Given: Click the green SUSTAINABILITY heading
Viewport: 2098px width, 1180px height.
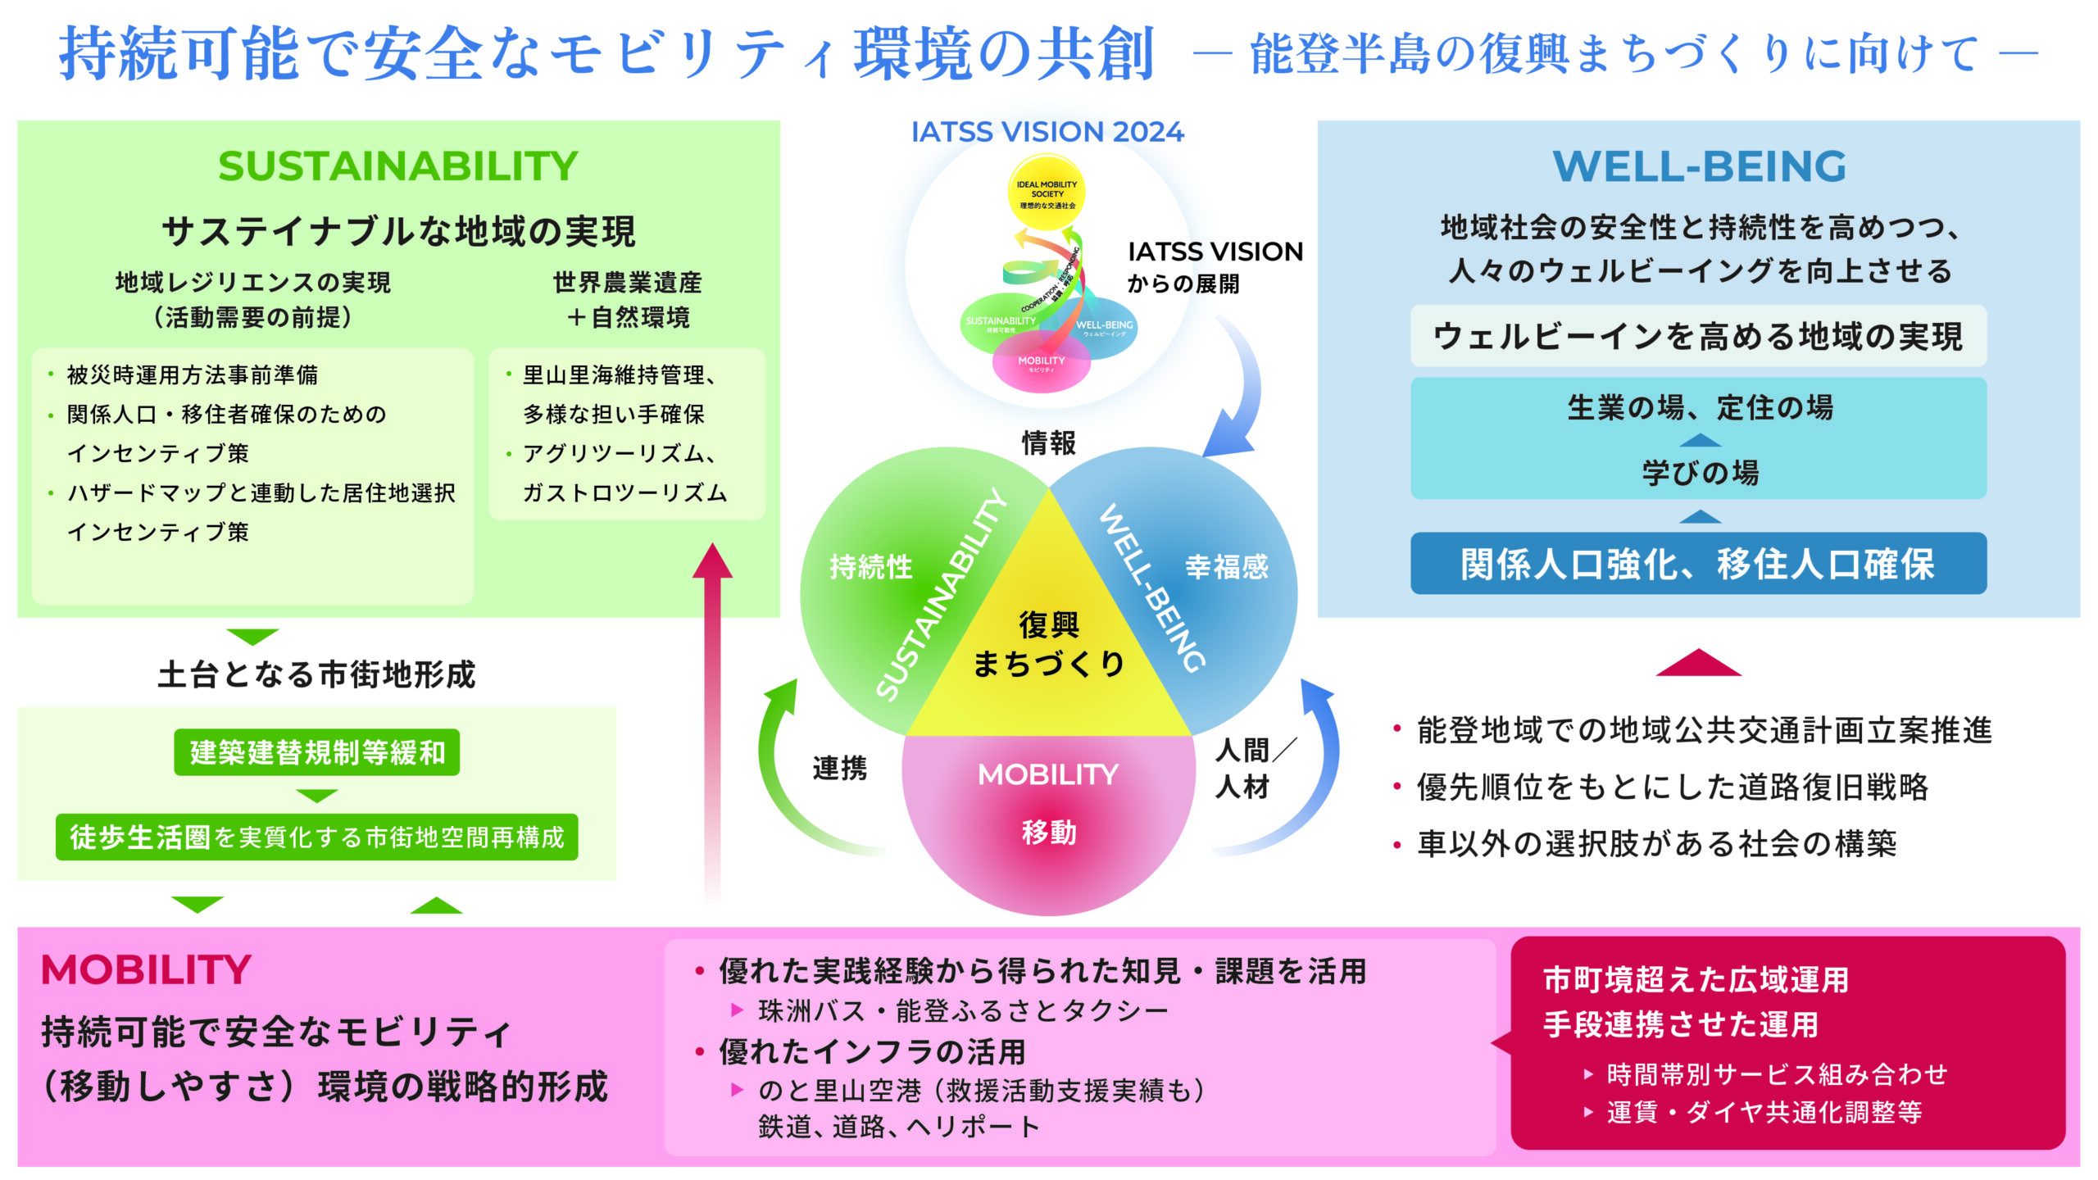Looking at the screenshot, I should click(398, 166).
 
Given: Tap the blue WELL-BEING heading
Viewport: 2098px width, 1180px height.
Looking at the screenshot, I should click(1699, 166).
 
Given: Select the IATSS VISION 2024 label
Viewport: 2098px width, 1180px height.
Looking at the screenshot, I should click(1047, 132).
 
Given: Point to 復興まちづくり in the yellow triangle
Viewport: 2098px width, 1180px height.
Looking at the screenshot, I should click(1048, 644).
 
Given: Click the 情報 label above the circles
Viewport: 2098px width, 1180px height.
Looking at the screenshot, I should click(1048, 443).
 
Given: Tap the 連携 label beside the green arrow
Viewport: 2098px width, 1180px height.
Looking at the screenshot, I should click(839, 769).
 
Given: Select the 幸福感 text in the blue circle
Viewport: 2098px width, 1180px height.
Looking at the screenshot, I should click(1226, 566).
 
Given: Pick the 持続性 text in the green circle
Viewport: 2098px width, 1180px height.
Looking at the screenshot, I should click(870, 566).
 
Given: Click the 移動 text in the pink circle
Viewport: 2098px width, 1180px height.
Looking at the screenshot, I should click(1048, 833).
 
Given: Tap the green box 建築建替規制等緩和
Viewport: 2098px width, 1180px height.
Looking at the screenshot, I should click(317, 752).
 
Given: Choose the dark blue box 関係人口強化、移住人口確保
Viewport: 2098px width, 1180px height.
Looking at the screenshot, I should click(1698, 564).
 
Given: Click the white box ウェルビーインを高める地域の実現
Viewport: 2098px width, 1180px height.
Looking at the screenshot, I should click(1698, 337).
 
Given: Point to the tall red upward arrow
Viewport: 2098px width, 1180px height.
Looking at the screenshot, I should click(712, 721).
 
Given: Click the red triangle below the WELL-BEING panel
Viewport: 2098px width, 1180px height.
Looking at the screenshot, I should click(1698, 663).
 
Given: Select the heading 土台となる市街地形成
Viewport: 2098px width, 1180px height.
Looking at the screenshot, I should click(316, 674).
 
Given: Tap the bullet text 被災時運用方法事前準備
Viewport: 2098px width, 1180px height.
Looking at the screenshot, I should click(193, 375).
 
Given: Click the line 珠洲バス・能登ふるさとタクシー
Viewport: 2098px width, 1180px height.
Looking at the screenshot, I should click(963, 1011).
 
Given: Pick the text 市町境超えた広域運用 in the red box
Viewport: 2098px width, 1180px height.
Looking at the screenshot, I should click(1696, 980).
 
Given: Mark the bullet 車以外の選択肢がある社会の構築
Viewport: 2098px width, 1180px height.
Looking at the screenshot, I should click(1656, 843).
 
